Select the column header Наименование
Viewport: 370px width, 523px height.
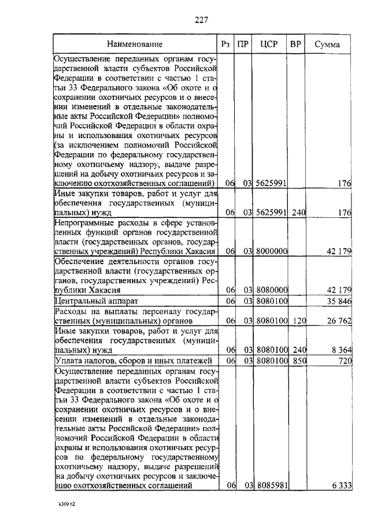(x=134, y=44)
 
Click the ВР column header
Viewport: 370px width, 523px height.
(x=296, y=44)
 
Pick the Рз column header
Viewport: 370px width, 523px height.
(x=226, y=44)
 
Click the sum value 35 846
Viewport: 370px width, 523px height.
(x=338, y=301)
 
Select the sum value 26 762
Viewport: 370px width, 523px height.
(x=338, y=321)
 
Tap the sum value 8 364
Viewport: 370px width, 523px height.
(x=341, y=350)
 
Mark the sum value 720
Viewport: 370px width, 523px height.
(x=345, y=360)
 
